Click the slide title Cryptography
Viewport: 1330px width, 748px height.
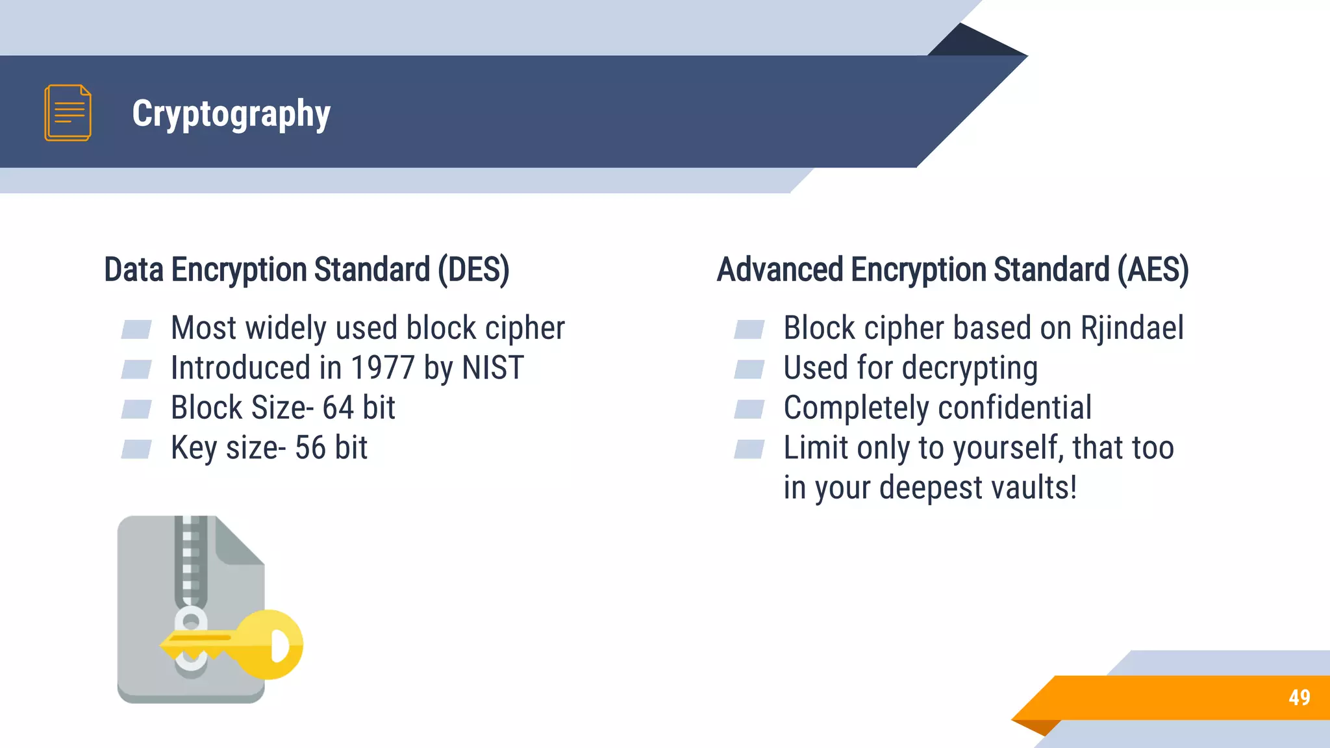pyautogui.click(x=231, y=114)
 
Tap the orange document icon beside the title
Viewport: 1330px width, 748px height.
pyautogui.click(x=68, y=113)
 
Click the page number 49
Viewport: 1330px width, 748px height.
pyautogui.click(x=1299, y=697)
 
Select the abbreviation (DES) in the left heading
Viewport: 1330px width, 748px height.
pyautogui.click(x=473, y=270)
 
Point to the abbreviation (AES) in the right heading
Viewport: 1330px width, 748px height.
pyautogui.click(x=1153, y=270)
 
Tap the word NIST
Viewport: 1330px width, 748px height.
pyautogui.click(x=492, y=368)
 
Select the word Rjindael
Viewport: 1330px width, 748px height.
pyautogui.click(x=1132, y=328)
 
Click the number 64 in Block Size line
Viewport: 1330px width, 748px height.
pyautogui.click(x=338, y=408)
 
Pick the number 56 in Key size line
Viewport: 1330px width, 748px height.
pyautogui.click(x=310, y=448)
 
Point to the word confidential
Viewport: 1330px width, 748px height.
pyautogui.click(x=1014, y=408)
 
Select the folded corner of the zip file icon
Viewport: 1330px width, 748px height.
pyautogui.click(x=239, y=542)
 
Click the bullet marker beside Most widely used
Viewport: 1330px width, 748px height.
pyautogui.click(x=136, y=329)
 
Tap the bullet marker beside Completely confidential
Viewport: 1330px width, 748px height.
pyautogui.click(x=749, y=409)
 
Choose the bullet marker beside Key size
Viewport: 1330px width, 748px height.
pyautogui.click(x=136, y=449)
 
